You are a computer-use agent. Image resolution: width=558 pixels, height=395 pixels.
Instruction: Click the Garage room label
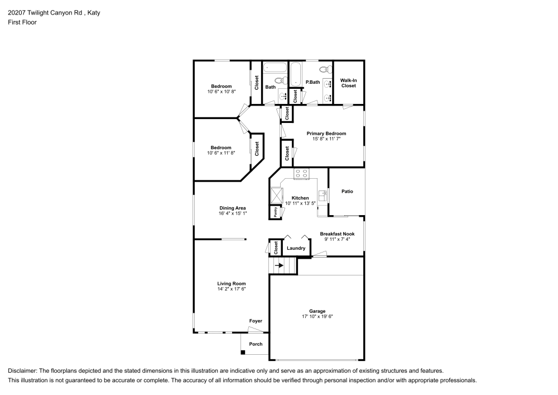click(x=317, y=311)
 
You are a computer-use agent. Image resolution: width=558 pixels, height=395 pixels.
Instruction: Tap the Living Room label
click(x=232, y=283)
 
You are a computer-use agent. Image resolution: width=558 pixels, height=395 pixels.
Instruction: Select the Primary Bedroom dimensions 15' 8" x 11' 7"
click(x=326, y=139)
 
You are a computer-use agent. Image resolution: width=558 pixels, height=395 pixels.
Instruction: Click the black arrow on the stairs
click(x=280, y=265)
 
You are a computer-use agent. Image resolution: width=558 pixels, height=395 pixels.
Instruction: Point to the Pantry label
click(x=276, y=212)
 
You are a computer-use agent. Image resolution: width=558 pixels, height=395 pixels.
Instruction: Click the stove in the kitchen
click(x=301, y=174)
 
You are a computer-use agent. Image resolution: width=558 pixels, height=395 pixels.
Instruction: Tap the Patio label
click(x=347, y=191)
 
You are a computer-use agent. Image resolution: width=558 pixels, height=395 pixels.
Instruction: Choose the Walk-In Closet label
click(x=348, y=83)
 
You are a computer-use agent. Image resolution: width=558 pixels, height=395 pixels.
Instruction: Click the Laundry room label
click(x=296, y=248)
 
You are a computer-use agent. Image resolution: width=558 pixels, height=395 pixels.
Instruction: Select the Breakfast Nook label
click(x=337, y=234)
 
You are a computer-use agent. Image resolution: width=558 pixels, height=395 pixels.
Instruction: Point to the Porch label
click(x=256, y=344)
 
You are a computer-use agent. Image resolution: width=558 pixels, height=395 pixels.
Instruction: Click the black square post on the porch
click(x=243, y=353)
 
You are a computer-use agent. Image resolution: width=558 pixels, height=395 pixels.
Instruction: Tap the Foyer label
click(x=256, y=321)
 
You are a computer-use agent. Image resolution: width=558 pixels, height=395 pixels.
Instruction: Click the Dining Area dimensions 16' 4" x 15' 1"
click(x=233, y=213)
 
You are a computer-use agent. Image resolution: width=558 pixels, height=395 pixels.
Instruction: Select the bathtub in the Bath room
click(x=275, y=68)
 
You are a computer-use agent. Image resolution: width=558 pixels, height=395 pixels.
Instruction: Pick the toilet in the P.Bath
click(x=324, y=69)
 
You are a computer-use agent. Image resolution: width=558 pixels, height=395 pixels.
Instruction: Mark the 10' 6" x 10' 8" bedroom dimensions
click(x=222, y=92)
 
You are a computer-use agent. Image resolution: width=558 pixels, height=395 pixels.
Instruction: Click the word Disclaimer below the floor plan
click(x=22, y=371)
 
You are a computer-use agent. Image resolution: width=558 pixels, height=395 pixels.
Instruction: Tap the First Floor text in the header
click(x=22, y=22)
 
